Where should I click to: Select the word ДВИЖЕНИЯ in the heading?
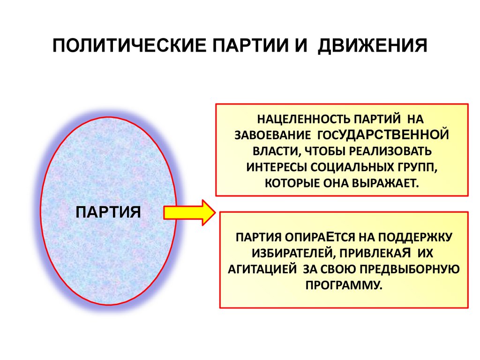[373, 47]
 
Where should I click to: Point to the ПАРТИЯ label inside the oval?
[109, 212]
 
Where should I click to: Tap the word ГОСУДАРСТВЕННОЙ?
[383, 135]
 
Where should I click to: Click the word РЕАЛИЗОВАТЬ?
[390, 151]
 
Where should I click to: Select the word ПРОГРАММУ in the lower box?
[344, 285]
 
